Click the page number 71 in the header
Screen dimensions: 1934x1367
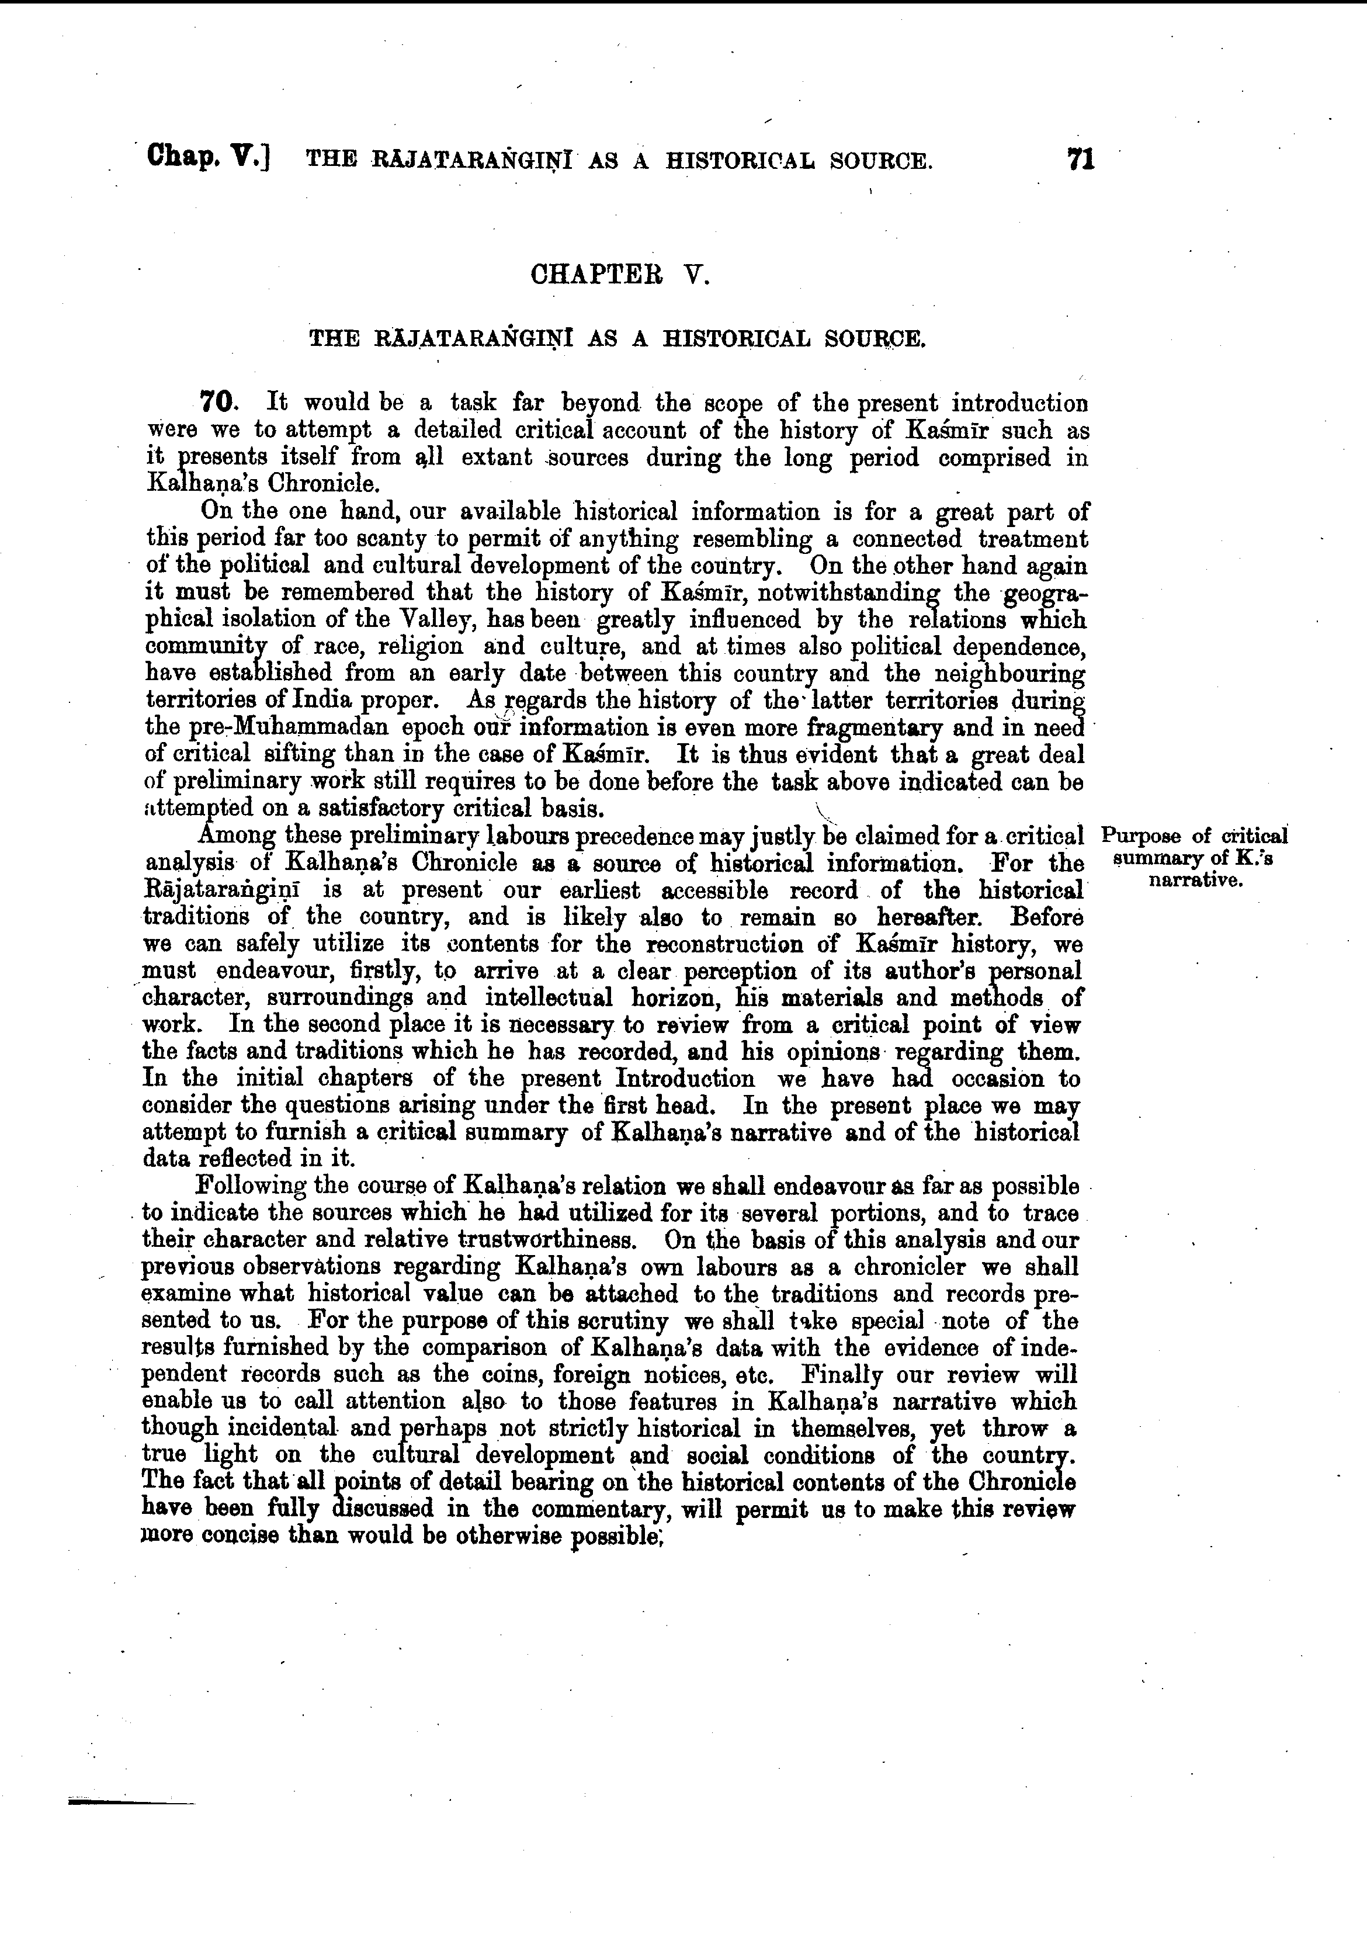[x=1080, y=160]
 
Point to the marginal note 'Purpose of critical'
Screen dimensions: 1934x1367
[x=1194, y=837]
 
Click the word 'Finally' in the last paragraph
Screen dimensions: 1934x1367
[x=842, y=1375]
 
